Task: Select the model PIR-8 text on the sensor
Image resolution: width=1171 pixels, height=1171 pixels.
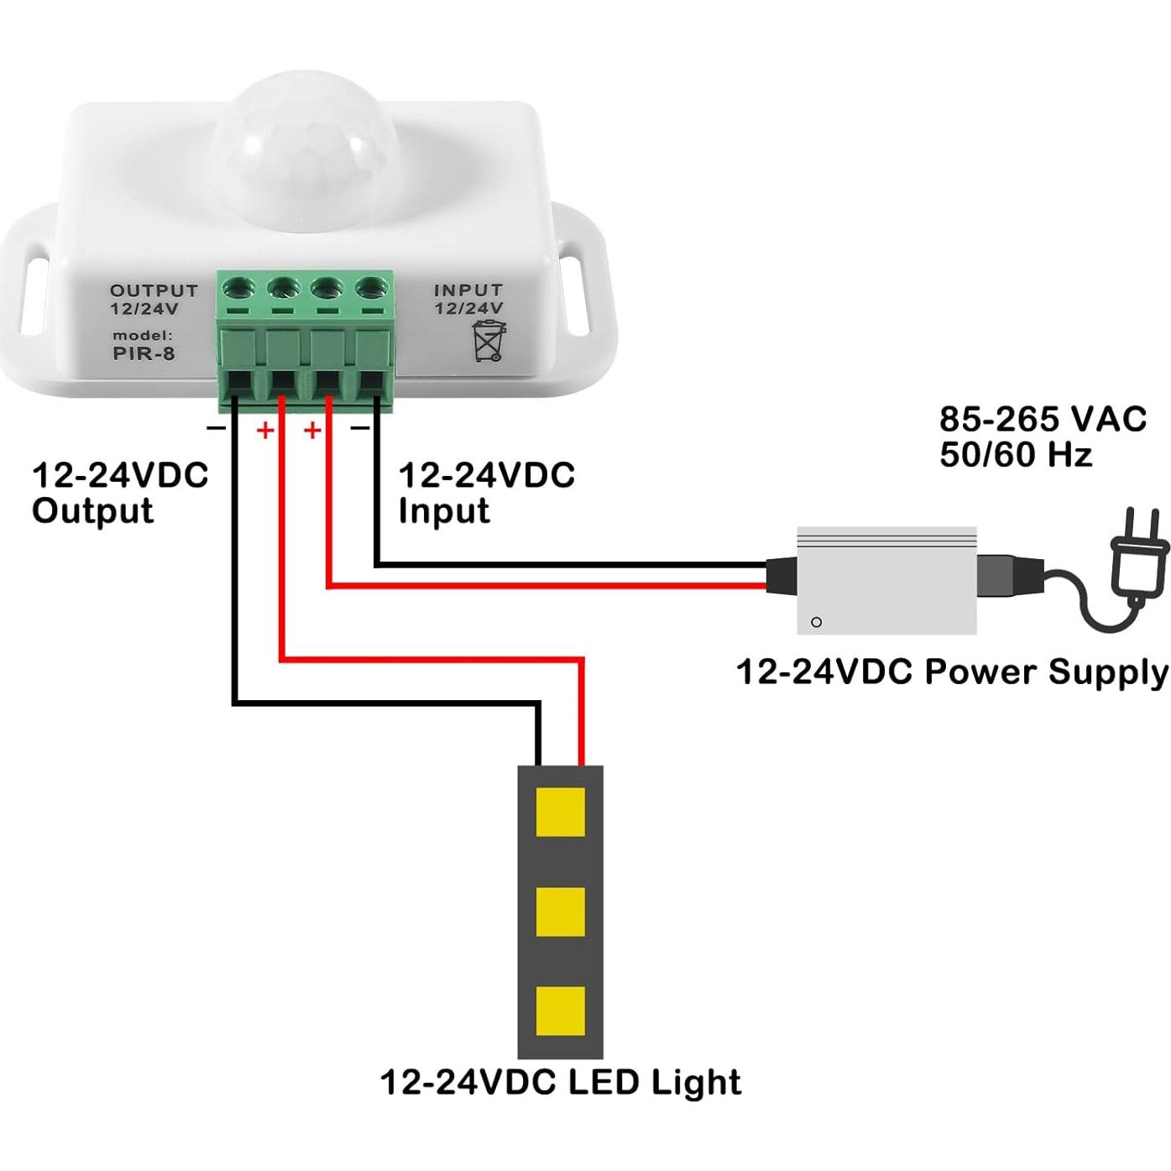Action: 144,346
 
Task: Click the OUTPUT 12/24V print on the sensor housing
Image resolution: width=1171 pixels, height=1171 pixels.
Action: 154,299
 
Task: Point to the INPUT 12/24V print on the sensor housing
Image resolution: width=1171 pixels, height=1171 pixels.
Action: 468,299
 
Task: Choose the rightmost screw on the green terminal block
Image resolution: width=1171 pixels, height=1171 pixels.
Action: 370,289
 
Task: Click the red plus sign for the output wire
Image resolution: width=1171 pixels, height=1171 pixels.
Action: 265,431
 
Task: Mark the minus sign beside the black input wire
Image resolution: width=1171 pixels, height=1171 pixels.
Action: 360,429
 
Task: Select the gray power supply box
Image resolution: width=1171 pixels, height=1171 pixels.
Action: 886,580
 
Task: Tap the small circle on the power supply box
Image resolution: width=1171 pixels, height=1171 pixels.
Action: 816,622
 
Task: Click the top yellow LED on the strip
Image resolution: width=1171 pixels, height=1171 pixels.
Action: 560,812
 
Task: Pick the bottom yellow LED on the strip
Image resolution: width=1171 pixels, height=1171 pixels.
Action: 560,1011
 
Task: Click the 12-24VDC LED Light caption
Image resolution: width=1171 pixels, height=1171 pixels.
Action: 561,1082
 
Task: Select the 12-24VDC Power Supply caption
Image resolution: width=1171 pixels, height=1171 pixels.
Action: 952,672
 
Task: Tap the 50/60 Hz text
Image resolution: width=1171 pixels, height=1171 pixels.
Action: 1016,455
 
